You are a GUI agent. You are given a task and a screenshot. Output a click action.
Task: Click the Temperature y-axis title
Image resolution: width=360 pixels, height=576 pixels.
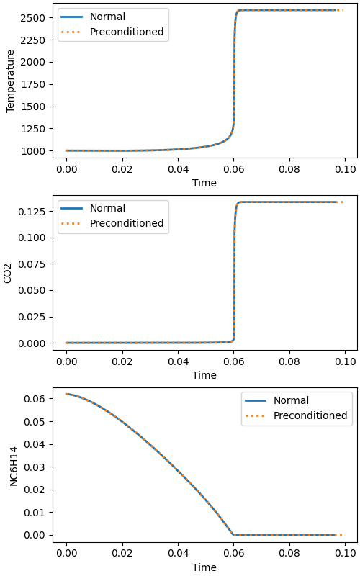[x=11, y=81]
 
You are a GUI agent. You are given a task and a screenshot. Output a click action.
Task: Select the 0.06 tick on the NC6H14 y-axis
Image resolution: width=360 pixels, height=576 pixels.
[x=35, y=399]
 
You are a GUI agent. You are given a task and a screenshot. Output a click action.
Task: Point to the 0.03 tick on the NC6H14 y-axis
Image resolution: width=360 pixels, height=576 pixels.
[x=35, y=467]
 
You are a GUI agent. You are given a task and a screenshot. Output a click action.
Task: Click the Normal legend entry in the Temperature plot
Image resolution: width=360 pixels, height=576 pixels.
[x=107, y=17]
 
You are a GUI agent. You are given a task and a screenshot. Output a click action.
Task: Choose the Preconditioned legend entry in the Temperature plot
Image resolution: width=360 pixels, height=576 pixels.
[x=127, y=32]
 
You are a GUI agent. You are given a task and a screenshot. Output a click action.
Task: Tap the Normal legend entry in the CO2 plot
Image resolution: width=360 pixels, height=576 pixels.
[x=107, y=208]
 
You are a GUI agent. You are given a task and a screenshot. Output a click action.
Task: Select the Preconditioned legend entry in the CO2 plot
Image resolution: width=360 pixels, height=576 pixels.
[x=127, y=223]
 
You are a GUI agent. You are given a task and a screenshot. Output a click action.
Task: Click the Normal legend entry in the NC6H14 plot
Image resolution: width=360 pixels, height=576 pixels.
[x=291, y=400]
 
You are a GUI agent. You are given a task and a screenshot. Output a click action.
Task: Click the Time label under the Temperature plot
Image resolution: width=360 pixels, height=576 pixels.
[x=204, y=183]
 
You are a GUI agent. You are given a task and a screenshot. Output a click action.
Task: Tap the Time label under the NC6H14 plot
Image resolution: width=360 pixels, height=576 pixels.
[x=204, y=567]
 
